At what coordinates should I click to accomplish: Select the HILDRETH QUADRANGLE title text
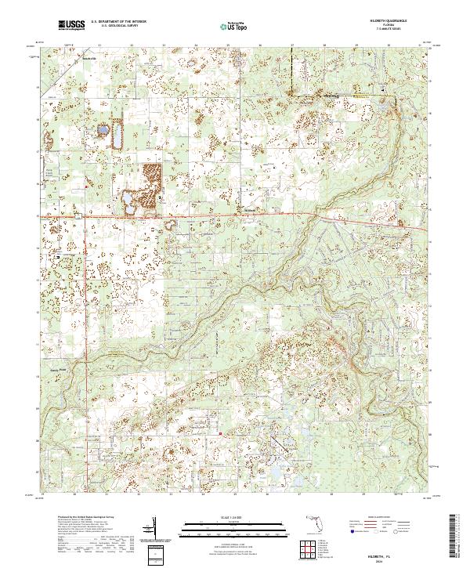click(381, 21)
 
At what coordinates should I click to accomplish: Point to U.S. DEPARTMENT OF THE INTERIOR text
click(118, 22)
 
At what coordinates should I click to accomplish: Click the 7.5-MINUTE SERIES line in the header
click(381, 29)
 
